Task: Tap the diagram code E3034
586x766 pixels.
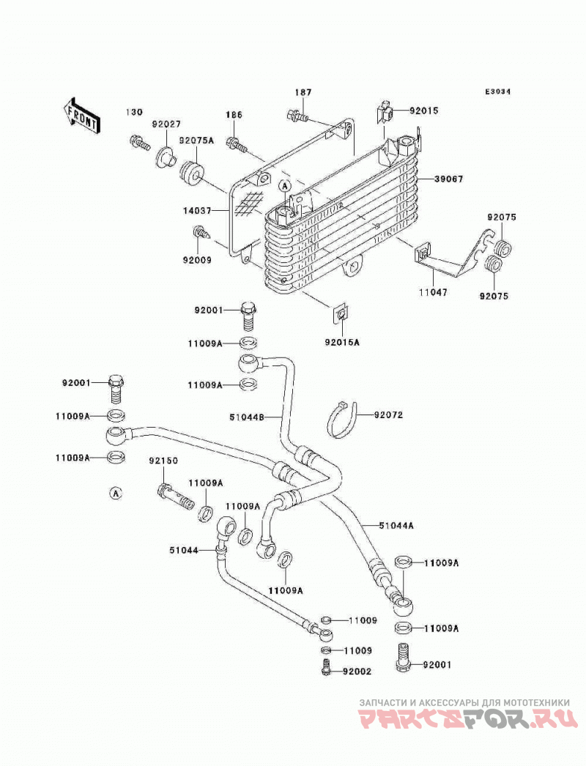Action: [x=497, y=92]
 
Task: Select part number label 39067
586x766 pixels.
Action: [x=449, y=179]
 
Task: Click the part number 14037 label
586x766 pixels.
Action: [x=197, y=211]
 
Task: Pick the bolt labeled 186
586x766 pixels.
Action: [x=237, y=144]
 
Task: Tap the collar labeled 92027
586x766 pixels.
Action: [x=165, y=157]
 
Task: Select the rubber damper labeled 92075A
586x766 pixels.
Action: [x=193, y=173]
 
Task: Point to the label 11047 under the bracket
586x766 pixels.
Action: [x=432, y=293]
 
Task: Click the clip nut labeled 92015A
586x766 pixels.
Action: [x=341, y=315]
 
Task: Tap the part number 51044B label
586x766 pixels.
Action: [x=247, y=417]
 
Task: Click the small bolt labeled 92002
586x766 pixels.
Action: [x=327, y=667]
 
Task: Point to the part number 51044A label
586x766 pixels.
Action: [x=396, y=526]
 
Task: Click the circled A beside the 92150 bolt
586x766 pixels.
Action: [x=115, y=494]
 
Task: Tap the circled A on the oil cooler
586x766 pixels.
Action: [x=285, y=185]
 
